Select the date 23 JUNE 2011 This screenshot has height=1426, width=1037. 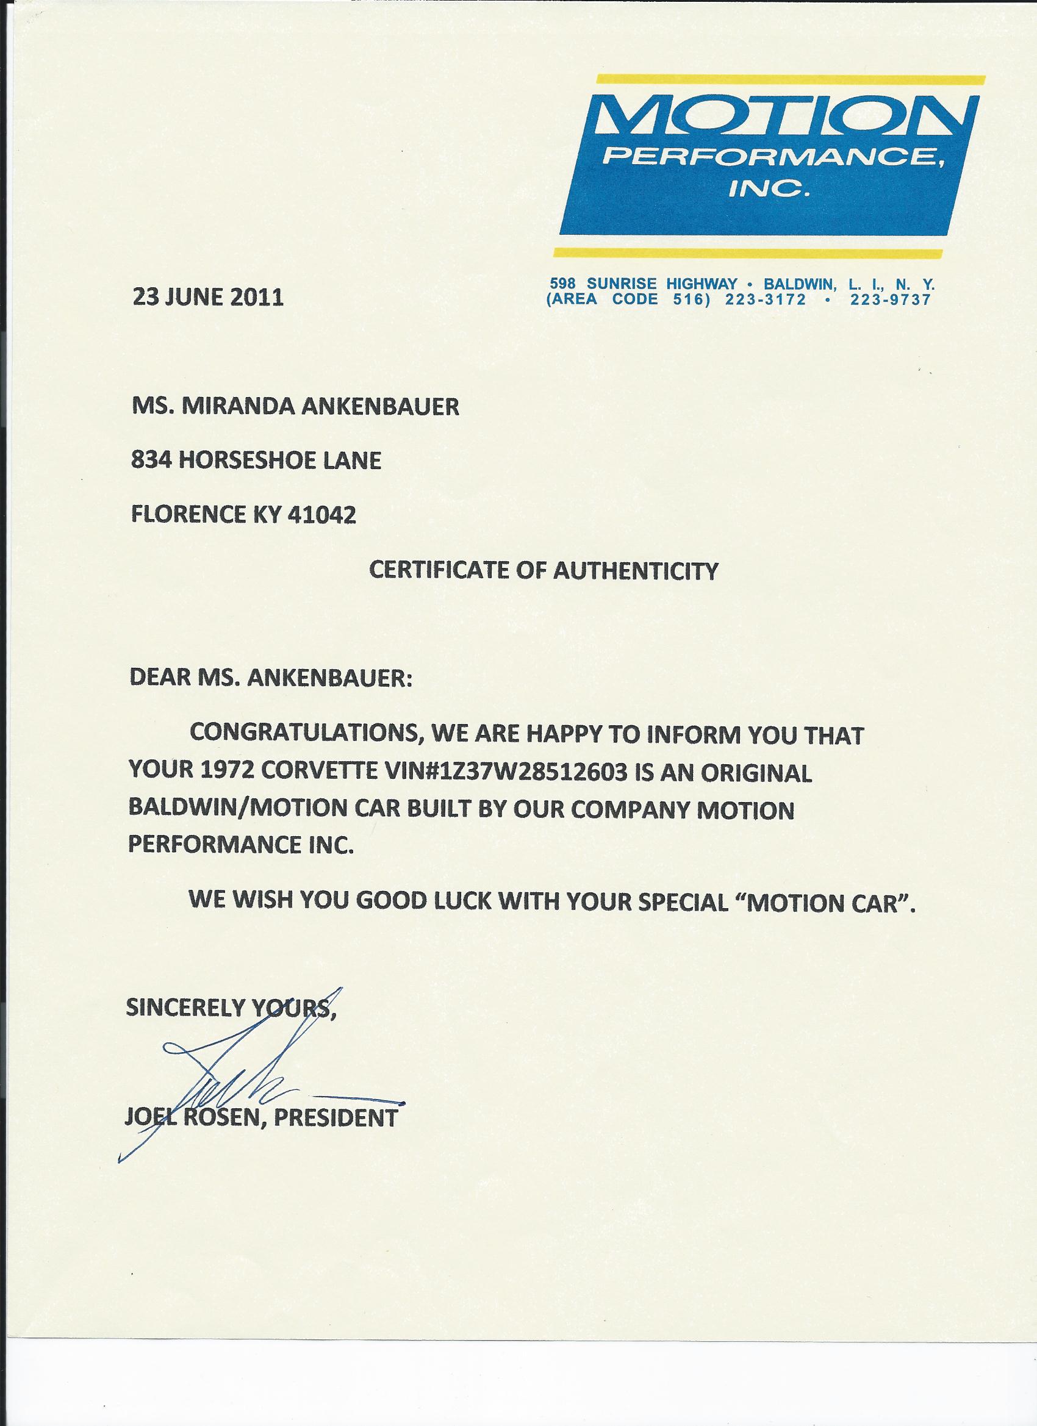point(208,296)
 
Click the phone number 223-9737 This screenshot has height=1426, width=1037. point(890,299)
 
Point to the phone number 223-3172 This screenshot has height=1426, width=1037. point(766,299)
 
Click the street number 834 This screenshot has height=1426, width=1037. point(150,461)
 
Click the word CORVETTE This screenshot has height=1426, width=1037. point(314,773)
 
